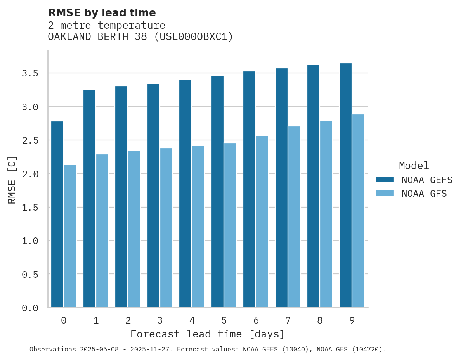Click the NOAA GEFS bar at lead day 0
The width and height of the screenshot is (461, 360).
(57, 215)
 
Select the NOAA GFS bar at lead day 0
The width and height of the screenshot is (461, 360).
(70, 236)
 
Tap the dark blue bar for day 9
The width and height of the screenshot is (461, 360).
(345, 185)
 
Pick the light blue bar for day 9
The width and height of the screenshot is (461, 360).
(358, 211)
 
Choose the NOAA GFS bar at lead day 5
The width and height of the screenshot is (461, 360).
(230, 225)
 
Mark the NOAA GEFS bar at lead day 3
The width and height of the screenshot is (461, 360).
(153, 196)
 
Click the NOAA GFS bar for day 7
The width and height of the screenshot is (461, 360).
(294, 217)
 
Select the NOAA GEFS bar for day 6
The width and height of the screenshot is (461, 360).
(249, 189)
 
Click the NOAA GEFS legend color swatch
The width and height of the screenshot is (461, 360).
(385, 180)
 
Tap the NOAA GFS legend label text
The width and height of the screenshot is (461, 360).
(424, 194)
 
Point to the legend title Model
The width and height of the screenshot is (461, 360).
(414, 166)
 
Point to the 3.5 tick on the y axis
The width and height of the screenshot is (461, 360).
(30, 73)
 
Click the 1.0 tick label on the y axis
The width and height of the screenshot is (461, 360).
(30, 241)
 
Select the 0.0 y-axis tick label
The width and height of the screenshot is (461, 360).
(30, 308)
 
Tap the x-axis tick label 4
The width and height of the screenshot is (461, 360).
(192, 320)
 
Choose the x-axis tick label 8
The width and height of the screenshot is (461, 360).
(320, 320)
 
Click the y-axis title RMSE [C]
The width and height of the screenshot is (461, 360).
(12, 180)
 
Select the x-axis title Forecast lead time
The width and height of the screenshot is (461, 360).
(208, 334)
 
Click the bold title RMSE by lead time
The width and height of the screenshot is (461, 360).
(102, 13)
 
